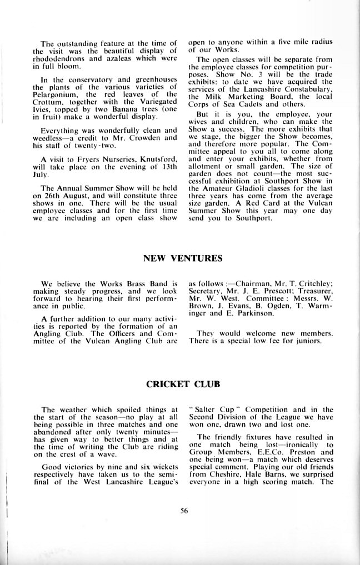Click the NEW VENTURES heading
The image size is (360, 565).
click(x=183, y=258)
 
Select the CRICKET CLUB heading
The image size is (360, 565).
click(x=183, y=383)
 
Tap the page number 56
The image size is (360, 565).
click(x=184, y=512)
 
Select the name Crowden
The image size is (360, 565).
click(x=142, y=137)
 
